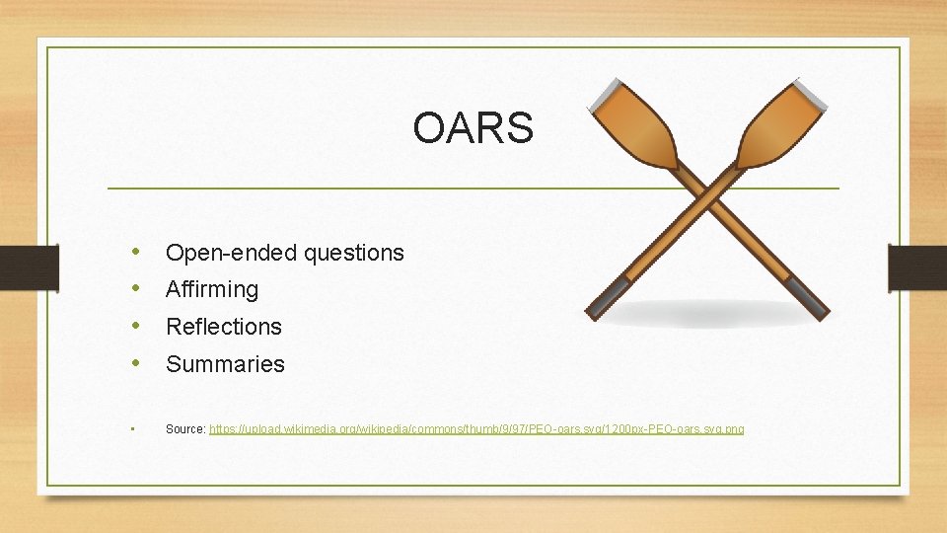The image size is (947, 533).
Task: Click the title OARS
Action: coord(473,127)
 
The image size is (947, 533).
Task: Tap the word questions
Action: coord(354,253)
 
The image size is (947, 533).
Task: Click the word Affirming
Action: coord(212,290)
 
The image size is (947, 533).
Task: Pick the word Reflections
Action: coord(224,327)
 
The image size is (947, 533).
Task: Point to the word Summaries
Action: coord(225,364)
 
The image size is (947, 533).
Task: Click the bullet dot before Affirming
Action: coord(135,289)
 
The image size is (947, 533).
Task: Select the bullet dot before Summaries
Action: coord(135,363)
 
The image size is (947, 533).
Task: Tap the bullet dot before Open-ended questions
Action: coord(135,252)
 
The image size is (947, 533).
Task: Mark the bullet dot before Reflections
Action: coord(135,326)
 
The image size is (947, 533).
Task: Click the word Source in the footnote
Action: coord(185,429)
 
